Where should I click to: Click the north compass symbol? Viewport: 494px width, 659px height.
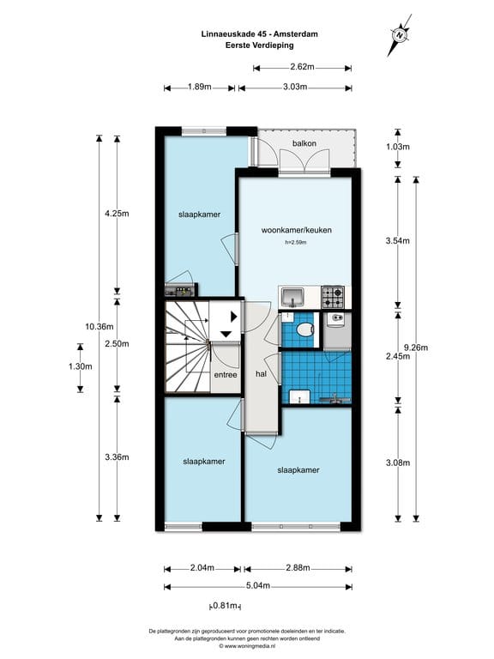click(x=399, y=34)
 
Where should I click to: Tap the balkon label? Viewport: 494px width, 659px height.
click(x=304, y=143)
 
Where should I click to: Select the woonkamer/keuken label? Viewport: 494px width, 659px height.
click(x=297, y=229)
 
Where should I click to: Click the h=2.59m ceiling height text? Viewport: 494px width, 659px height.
click(x=296, y=243)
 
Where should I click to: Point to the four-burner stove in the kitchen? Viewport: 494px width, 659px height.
click(x=333, y=297)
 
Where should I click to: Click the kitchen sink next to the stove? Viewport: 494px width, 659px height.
click(x=293, y=297)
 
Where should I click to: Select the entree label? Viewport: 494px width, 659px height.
click(x=226, y=375)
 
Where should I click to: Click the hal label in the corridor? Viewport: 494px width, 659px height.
click(x=262, y=374)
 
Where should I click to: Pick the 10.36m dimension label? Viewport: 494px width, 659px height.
click(x=99, y=326)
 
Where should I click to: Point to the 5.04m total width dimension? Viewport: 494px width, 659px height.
click(x=258, y=586)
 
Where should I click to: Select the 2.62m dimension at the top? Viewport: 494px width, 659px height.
click(x=302, y=67)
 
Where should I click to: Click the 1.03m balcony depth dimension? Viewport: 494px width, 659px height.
click(x=396, y=147)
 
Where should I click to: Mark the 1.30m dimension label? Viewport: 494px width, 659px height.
click(x=80, y=366)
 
